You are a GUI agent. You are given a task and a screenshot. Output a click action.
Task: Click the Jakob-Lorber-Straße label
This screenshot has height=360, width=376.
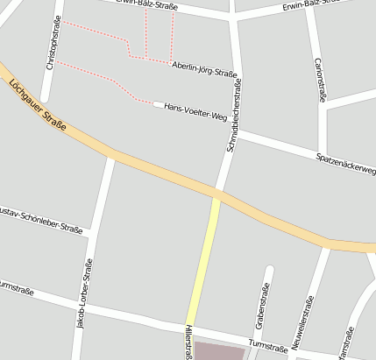(84, 294)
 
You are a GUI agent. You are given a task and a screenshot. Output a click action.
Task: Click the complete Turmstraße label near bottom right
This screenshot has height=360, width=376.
(268, 346)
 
